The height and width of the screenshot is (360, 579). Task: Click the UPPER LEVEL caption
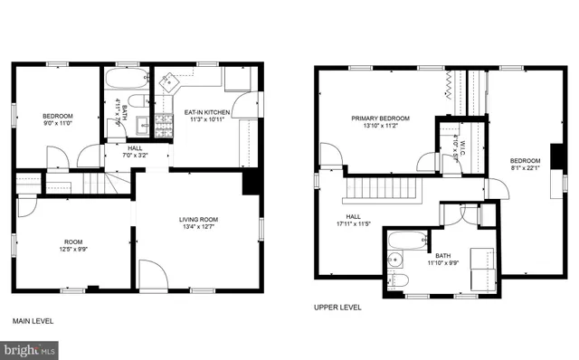tap(337, 307)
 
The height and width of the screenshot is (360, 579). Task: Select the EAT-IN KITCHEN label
tap(208, 112)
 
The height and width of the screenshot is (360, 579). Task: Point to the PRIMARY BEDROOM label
tap(381, 118)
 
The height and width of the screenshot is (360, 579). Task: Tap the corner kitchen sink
tap(168, 81)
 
